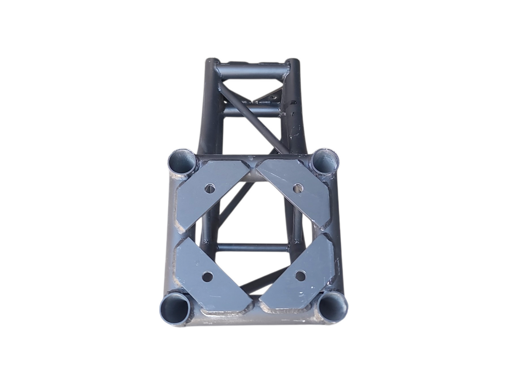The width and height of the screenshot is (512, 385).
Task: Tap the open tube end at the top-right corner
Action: coord(326,160)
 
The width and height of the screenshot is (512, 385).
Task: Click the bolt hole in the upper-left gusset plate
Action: coord(210,188)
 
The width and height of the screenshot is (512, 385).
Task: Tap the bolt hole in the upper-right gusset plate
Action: coord(298,188)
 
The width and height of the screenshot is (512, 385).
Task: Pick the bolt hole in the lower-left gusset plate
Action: coord(207,277)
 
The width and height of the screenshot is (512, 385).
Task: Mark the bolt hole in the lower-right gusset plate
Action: coord(300,276)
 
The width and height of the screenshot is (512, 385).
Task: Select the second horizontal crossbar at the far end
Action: coord(252,112)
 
